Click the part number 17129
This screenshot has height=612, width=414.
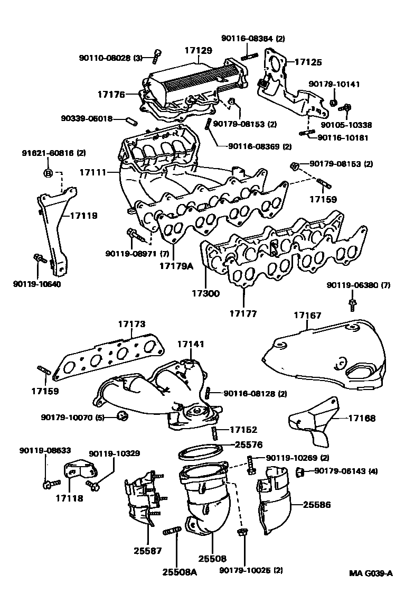[198, 51]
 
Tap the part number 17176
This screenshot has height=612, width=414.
[111, 95]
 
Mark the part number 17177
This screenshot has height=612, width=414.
[243, 314]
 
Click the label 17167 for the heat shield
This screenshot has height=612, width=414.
[307, 316]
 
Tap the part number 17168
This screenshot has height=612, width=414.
[362, 419]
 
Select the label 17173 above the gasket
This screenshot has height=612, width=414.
[131, 324]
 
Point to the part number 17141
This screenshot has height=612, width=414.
[190, 344]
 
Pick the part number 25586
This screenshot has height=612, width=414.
[317, 505]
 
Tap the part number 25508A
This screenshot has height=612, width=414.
[179, 572]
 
